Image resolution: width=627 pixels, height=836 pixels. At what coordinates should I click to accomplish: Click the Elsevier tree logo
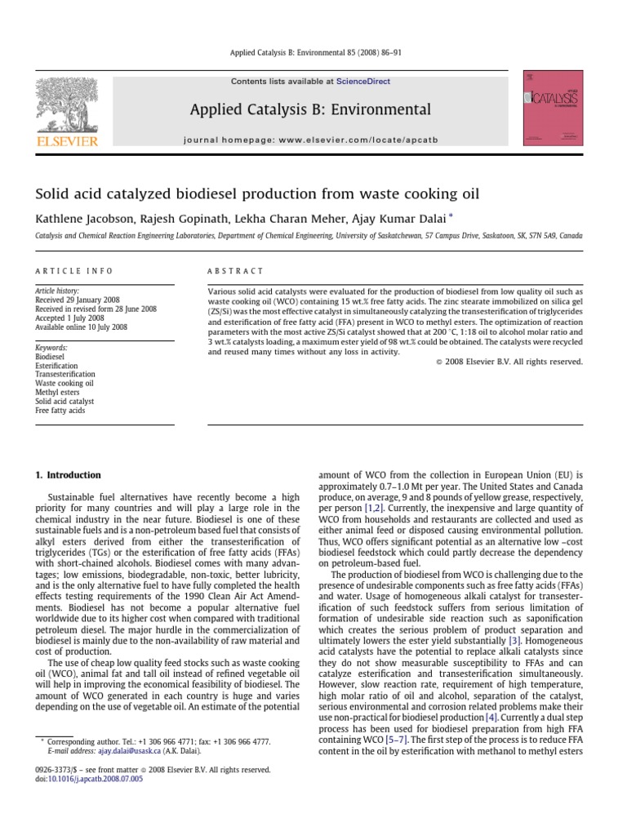(x=68, y=107)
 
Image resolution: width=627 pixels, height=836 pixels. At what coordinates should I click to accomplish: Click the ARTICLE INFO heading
(x=74, y=271)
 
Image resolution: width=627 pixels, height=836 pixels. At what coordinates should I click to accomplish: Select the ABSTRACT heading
(x=236, y=271)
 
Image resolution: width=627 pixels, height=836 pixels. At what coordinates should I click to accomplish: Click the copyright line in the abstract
(x=516, y=362)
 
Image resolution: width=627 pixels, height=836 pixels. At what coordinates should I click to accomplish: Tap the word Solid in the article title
(x=54, y=193)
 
